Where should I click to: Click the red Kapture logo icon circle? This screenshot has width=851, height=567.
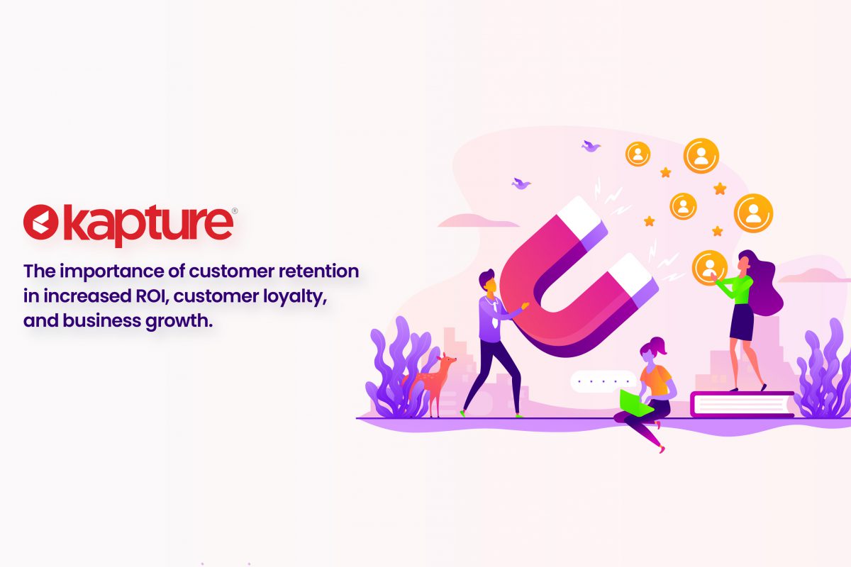40,222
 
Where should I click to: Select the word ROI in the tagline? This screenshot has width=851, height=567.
152,296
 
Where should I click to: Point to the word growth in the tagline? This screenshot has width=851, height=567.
179,322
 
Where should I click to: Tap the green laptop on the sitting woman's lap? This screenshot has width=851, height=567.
635,402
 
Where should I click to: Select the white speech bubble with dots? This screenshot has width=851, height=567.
603,381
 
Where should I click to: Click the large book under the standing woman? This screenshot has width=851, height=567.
742,404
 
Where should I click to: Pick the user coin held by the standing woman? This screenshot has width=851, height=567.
709,267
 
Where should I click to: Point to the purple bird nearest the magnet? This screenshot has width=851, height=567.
521,184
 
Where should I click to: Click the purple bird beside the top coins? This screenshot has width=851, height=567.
591,146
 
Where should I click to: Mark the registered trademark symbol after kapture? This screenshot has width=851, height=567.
235,210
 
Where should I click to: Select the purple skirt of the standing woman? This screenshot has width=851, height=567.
742,322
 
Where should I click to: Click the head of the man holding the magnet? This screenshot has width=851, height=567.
488,281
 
